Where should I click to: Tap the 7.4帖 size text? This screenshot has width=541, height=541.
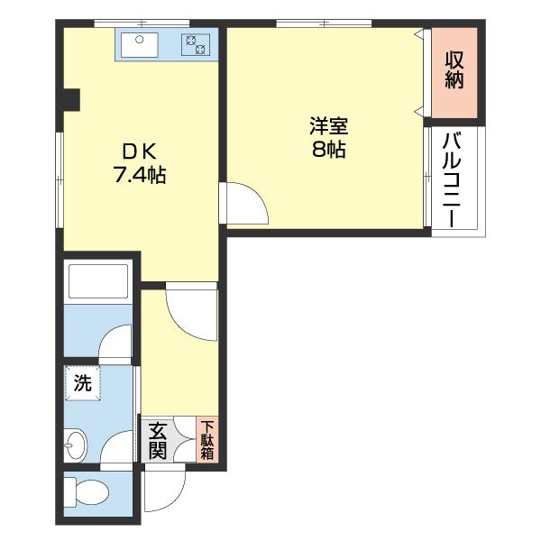[139, 175]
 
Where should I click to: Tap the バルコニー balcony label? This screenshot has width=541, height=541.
[454, 180]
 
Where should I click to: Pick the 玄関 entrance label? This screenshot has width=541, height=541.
[157, 439]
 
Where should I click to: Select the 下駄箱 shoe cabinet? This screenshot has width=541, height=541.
[207, 441]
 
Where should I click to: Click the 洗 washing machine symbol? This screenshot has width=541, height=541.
[83, 383]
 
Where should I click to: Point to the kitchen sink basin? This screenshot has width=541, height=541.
[139, 43]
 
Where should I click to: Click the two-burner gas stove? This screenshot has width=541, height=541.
[196, 42]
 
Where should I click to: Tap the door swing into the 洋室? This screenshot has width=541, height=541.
[245, 203]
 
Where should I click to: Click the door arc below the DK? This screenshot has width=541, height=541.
[191, 311]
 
